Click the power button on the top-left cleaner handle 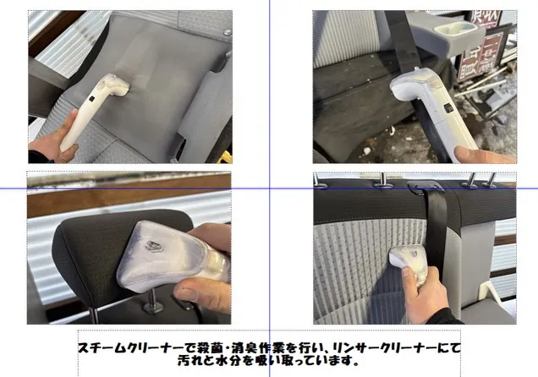[91, 98]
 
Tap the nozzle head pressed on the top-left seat [115, 85]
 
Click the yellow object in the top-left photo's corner [226, 157]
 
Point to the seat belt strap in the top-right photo [403, 41]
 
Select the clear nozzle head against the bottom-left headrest [165, 254]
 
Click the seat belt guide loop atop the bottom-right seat [425, 187]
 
